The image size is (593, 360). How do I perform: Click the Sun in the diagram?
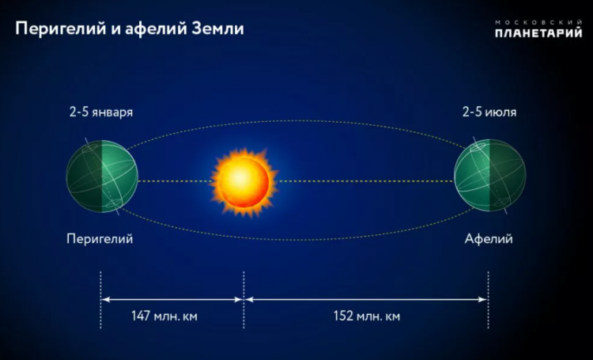[244, 182]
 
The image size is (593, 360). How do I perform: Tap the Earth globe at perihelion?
[102, 176]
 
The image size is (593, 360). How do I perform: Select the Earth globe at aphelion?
[489, 175]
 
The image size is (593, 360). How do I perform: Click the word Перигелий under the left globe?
[100, 239]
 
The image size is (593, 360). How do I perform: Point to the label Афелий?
[489, 239]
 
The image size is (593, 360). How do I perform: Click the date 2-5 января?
[101, 112]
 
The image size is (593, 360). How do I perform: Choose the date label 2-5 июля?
[489, 112]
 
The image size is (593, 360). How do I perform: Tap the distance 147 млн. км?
[164, 316]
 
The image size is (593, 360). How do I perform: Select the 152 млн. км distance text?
[366, 316]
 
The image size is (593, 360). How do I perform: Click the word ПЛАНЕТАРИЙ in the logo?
[538, 33]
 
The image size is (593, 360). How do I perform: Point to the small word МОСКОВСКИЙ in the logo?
[538, 22]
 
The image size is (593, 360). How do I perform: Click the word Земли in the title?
[217, 28]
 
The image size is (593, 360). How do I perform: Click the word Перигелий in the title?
[61, 29]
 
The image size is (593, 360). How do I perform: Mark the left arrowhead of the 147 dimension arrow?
[104, 299]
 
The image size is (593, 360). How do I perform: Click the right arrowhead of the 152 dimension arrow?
[483, 299]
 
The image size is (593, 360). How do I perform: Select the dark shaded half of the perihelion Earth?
[84, 176]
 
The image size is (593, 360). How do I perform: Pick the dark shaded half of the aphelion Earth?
[508, 175]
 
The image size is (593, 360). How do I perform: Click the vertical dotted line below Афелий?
[489, 300]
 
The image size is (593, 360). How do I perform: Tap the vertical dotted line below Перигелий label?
[100, 300]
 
